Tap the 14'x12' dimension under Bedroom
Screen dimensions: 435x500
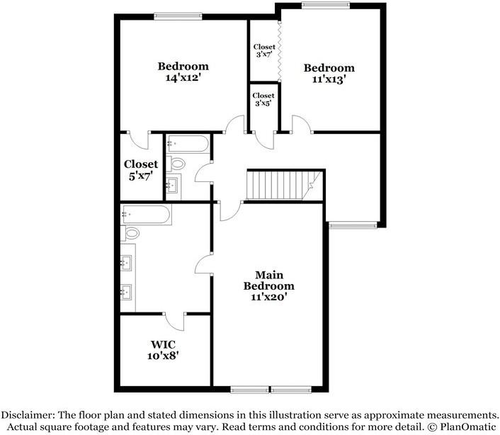point(183,78)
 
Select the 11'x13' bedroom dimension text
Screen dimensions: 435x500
point(329,80)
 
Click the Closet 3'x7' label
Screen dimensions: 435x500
point(264,51)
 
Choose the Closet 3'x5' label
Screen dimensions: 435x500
point(263,99)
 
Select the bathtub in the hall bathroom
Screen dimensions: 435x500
point(188,145)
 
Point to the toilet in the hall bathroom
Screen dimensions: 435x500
point(176,164)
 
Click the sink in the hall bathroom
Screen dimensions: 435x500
point(174,187)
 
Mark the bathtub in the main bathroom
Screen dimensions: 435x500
point(146,214)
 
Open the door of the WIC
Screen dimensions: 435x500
point(178,320)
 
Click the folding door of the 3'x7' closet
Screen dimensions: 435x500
point(280,50)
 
